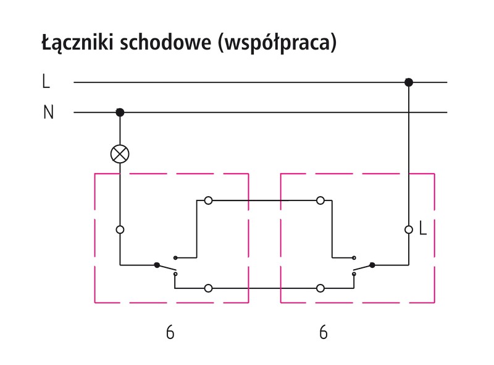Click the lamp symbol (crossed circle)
pos(120,153)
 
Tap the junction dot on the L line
pos(408,82)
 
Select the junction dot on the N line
pos(120,112)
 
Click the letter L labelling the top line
pos(46,81)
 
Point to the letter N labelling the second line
pos(48,113)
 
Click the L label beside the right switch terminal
pos(423,229)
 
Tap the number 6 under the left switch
pos(170,332)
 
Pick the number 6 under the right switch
pos(323,332)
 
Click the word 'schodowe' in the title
pos(166,44)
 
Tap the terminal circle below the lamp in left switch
pos(120,229)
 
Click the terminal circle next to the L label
pos(408,229)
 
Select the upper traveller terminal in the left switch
pos(208,200)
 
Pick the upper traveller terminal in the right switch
pos(320,200)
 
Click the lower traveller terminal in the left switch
pos(208,288)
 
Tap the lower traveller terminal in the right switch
pos(320,288)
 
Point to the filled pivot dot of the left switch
pos(157,265)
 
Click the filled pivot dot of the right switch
pos(372,265)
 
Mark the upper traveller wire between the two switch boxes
pos(264,200)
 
